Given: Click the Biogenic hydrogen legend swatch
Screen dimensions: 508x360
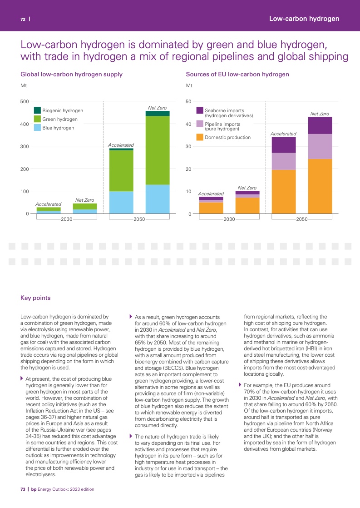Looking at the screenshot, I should (x=38, y=110).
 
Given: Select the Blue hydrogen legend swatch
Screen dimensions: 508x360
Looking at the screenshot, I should (x=38, y=128).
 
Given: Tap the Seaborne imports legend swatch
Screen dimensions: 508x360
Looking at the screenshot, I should (x=200, y=110).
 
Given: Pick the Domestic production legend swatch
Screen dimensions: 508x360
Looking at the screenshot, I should (x=200, y=137).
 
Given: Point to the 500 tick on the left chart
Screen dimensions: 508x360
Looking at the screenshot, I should (x=25, y=101).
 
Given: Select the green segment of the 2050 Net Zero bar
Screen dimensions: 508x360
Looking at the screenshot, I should (x=158, y=150).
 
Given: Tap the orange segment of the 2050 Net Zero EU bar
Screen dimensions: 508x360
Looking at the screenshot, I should (x=320, y=186).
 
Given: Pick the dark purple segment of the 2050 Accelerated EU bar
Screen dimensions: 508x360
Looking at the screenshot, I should (x=283, y=145).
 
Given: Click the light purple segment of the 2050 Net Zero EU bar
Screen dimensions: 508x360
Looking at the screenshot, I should (x=320, y=146).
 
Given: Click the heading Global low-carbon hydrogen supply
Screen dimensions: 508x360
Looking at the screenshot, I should (x=71, y=74).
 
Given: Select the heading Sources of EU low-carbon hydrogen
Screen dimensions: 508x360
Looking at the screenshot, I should (x=237, y=74).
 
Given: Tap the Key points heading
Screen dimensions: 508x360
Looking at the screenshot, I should (x=35, y=298).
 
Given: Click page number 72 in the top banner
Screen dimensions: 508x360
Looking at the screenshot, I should (x=22, y=19).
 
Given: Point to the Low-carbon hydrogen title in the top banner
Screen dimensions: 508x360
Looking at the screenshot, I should (x=304, y=19).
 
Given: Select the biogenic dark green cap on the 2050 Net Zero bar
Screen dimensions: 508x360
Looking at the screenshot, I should (x=158, y=113).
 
